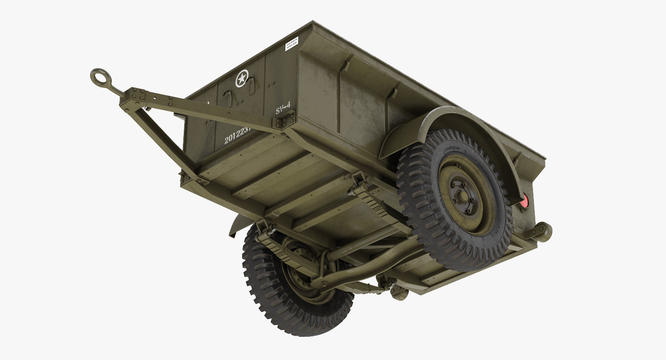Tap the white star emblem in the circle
(x=242, y=78)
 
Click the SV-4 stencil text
(x=283, y=110)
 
